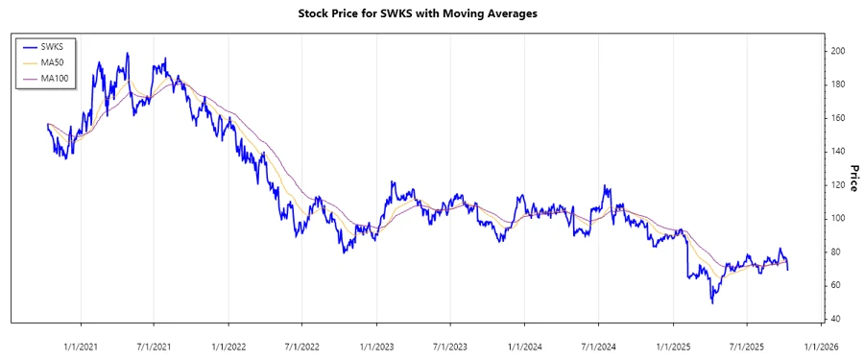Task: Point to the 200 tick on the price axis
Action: pyautogui.click(x=838, y=51)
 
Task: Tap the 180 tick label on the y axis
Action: pyautogui.click(x=838, y=84)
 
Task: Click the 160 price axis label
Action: pyautogui.click(x=838, y=118)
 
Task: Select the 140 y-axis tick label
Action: pyautogui.click(x=838, y=152)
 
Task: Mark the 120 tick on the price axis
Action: pyautogui.click(x=838, y=185)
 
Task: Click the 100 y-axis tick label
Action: pyautogui.click(x=838, y=219)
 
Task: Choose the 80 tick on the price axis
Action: pyautogui.click(x=836, y=252)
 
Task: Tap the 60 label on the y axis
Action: pyautogui.click(x=836, y=286)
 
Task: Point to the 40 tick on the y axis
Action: pyautogui.click(x=836, y=320)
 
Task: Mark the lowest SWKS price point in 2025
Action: pyautogui.click(x=712, y=303)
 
